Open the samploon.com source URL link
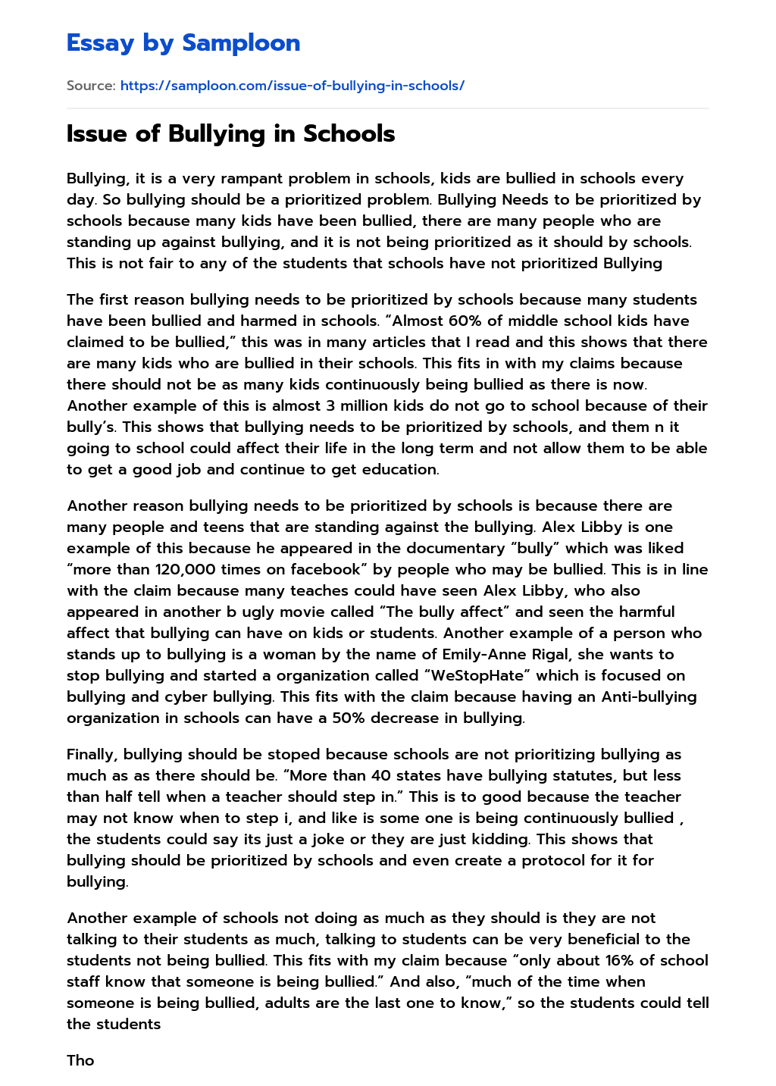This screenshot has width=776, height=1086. pyautogui.click(x=292, y=86)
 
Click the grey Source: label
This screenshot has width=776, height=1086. pyautogui.click(x=91, y=86)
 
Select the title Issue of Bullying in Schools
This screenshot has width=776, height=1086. pyautogui.click(x=230, y=134)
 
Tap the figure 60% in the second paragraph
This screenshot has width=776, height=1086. pyautogui.click(x=465, y=321)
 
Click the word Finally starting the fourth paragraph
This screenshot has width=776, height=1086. pyautogui.click(x=92, y=755)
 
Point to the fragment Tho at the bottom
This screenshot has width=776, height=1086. pyautogui.click(x=80, y=1061)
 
